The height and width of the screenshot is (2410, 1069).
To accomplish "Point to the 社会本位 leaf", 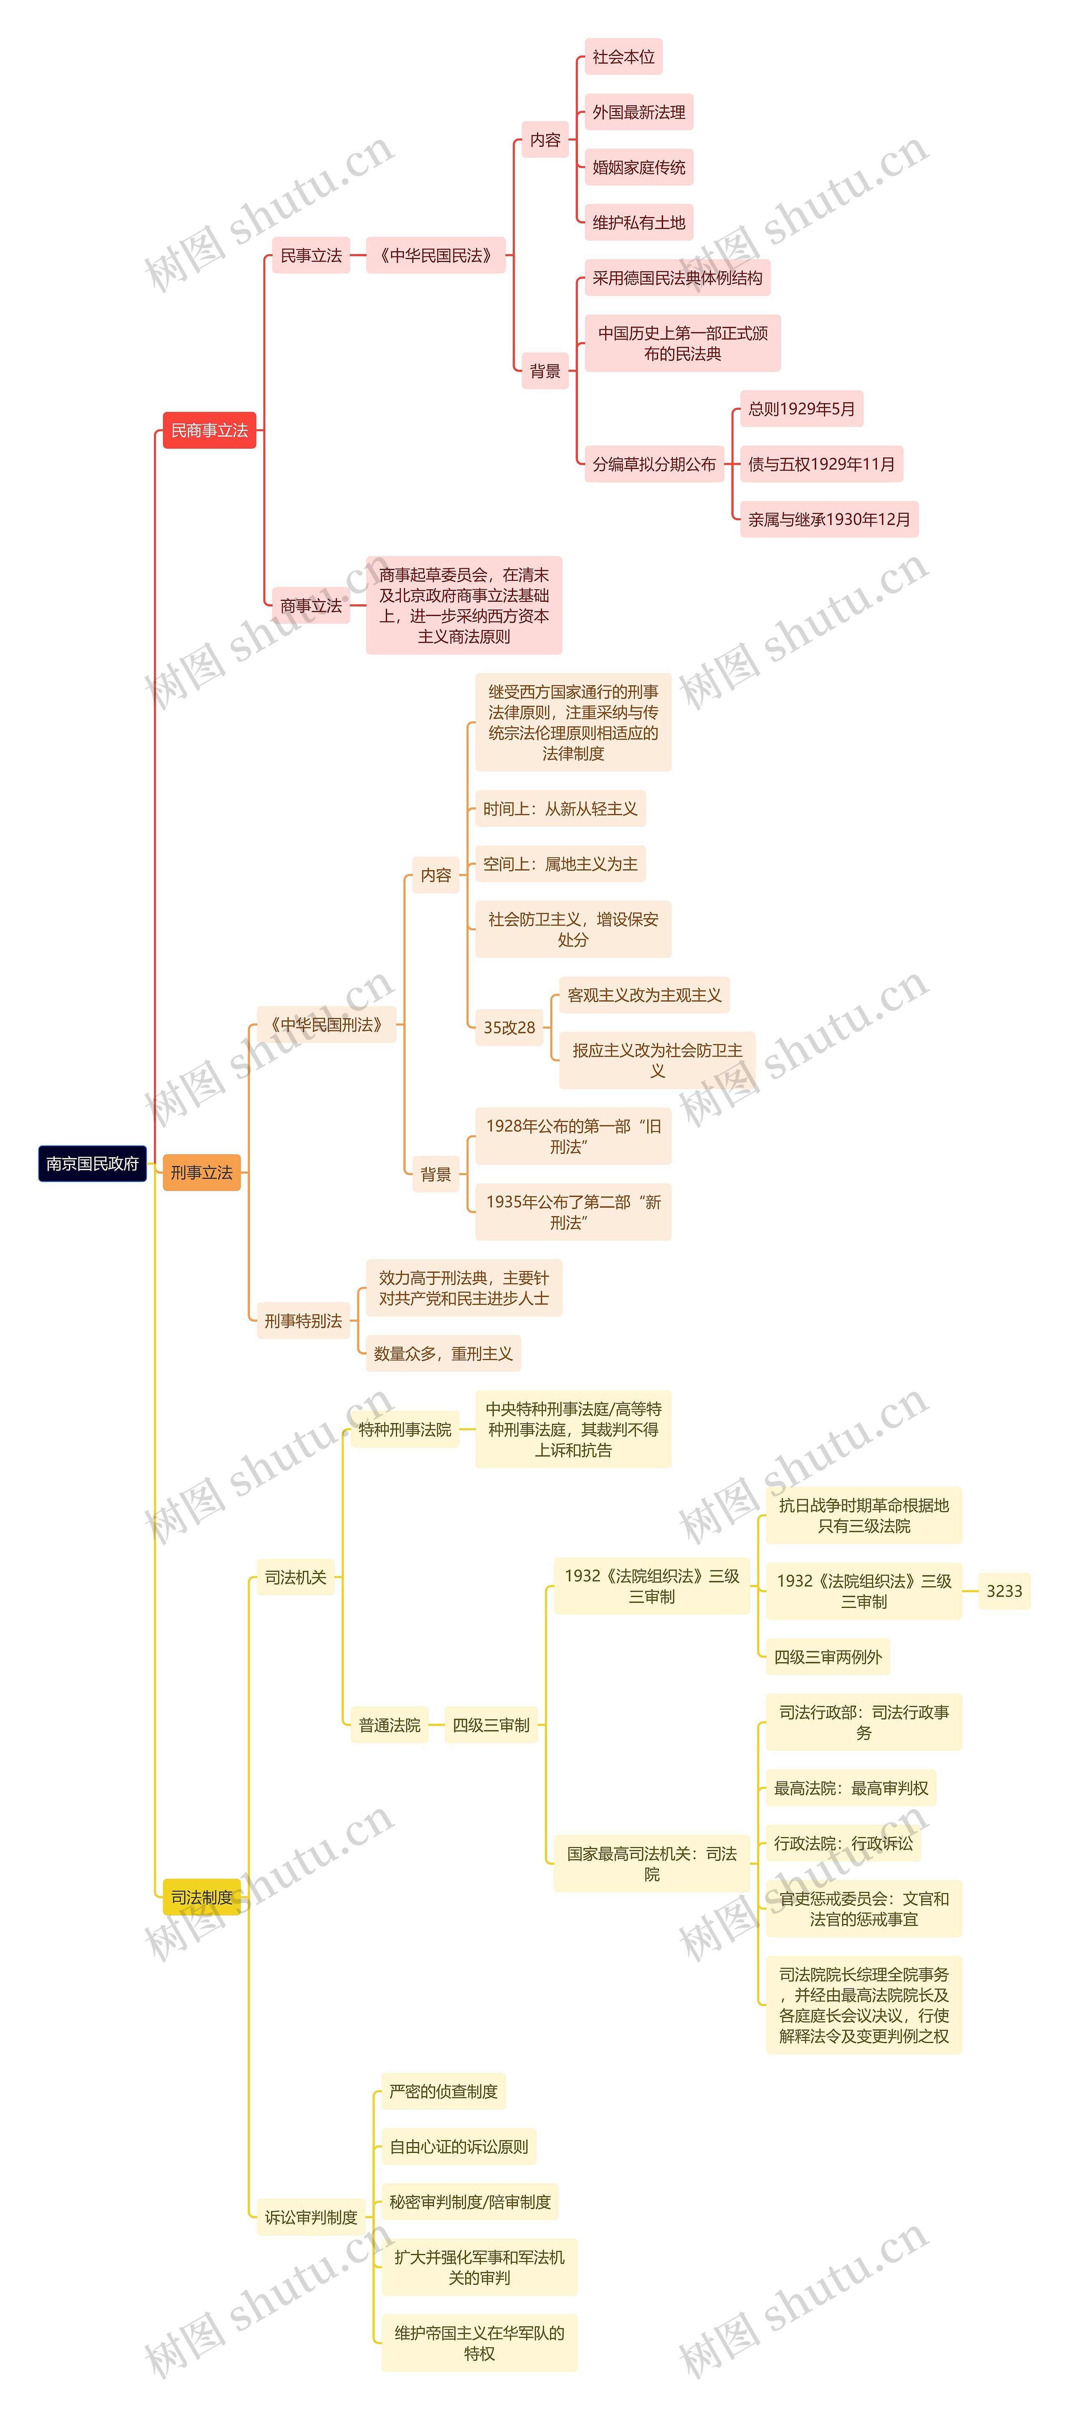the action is (623, 57).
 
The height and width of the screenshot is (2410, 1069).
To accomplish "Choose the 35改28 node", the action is (509, 1027).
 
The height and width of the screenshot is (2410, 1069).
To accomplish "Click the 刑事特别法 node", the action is (303, 1321).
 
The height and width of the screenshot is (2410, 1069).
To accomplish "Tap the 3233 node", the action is (1004, 1591).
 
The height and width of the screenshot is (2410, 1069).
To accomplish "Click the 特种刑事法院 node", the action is (405, 1430).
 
